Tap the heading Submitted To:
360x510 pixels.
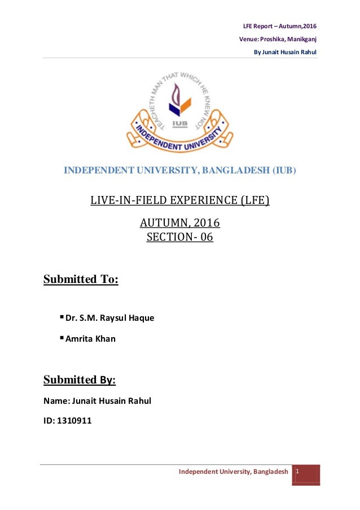tap(81, 280)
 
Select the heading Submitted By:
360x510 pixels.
tap(80, 380)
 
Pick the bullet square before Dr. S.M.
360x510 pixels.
tap(62, 317)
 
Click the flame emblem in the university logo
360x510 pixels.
tap(181, 96)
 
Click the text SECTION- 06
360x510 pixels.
tap(180, 237)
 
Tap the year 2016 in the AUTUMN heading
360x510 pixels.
tap(207, 223)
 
